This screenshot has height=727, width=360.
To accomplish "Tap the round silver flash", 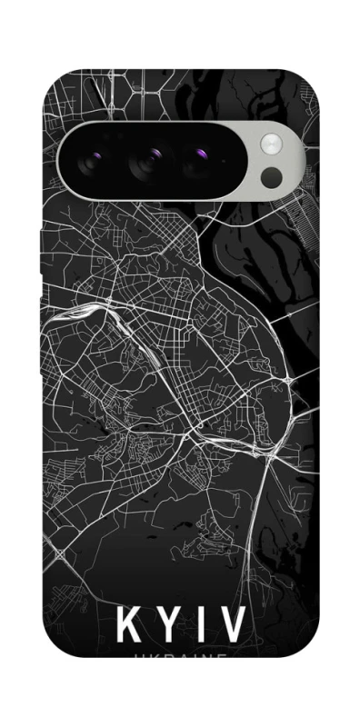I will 271,143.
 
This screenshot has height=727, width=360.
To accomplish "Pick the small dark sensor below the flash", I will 272,176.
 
